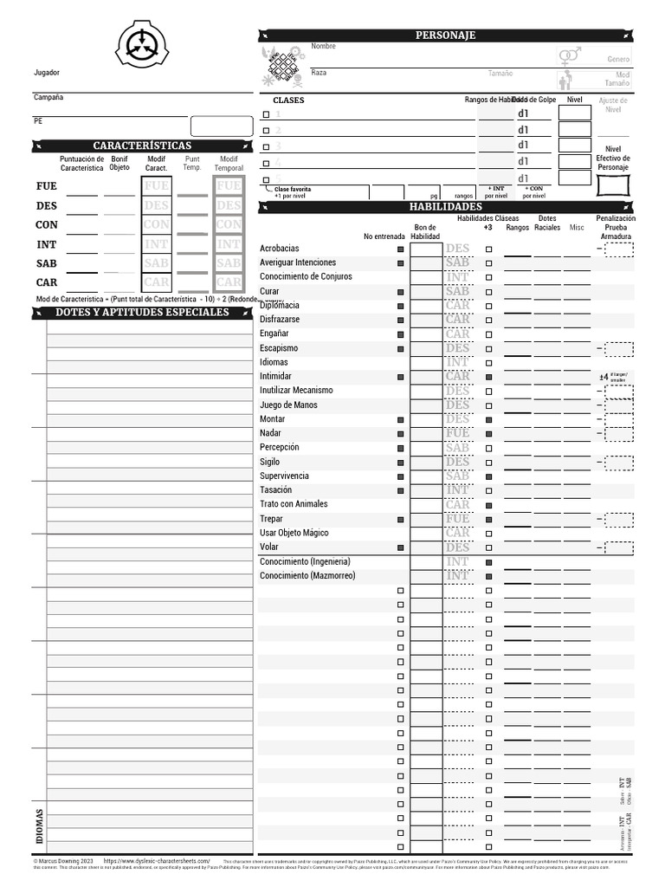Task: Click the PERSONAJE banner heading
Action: coord(446,35)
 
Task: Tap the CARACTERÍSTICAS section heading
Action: coord(142,146)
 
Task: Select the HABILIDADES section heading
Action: coord(445,207)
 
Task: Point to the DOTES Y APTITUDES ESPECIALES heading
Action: coord(142,312)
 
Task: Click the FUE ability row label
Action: coord(46,186)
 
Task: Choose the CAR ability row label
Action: coord(46,282)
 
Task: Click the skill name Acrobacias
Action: coord(280,249)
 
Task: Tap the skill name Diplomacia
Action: coord(281,306)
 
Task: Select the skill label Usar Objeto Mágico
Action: coord(294,533)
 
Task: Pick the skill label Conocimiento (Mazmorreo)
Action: coord(307,576)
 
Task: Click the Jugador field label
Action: coord(47,73)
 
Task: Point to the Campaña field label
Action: coord(48,97)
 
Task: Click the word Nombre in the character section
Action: coord(323,46)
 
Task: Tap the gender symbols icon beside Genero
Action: coord(568,57)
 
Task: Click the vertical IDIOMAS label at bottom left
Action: coord(40,827)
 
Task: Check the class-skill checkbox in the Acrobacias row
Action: coord(488,249)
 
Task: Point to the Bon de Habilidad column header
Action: coord(425,231)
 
